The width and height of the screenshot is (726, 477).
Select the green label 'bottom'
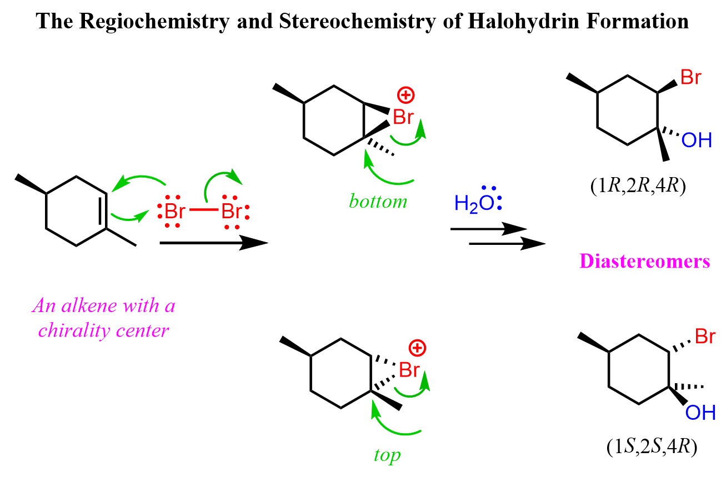[x=378, y=201]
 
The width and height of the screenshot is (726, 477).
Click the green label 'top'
[x=387, y=455]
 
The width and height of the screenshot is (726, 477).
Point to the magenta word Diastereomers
[x=645, y=262]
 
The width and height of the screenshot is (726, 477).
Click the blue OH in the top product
[x=697, y=140]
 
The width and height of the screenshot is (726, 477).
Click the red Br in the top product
[x=690, y=77]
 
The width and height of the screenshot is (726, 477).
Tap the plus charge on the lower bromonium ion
[x=416, y=348]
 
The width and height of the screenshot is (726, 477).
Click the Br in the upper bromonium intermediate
[x=403, y=117]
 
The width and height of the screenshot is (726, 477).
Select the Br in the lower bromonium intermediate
[x=409, y=370]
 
